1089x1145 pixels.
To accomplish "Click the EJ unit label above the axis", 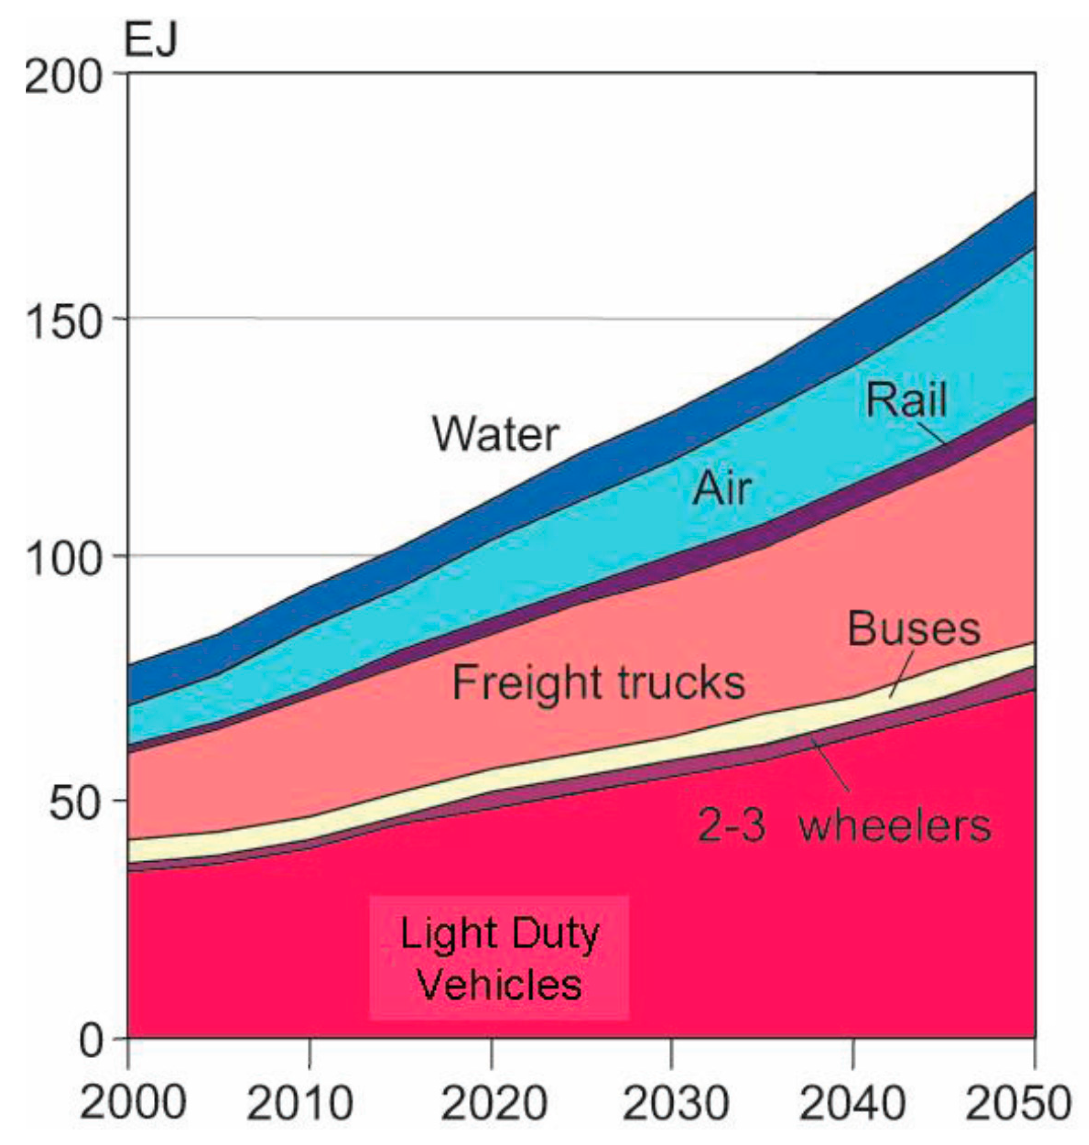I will [x=150, y=41].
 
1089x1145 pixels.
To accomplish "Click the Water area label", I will [x=496, y=434].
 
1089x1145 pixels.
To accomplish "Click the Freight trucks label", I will [x=598, y=682].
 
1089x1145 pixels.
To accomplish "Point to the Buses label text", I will [x=914, y=629].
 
